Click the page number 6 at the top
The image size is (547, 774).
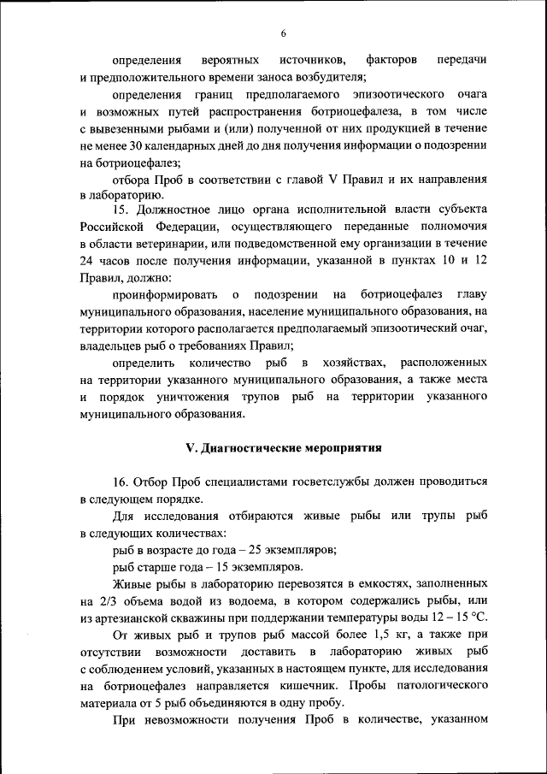pos(283,33)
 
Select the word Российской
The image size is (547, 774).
pos(115,227)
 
